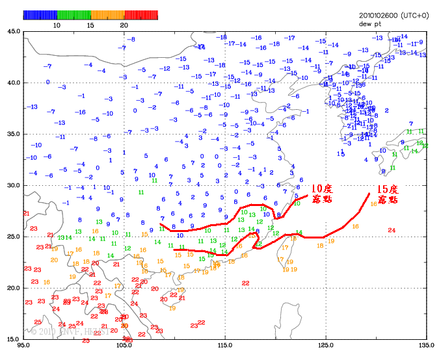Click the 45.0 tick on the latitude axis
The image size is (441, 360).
pyautogui.click(x=13, y=31)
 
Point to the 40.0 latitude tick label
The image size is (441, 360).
pyautogui.click(x=13, y=83)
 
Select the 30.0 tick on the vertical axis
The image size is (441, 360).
pyautogui.click(x=13, y=185)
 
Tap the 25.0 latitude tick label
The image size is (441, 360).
pyautogui.click(x=13, y=237)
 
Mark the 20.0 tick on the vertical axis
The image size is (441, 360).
pyautogui.click(x=13, y=288)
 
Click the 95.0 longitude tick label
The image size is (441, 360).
pyautogui.click(x=24, y=345)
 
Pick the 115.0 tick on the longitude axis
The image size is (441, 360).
pyautogui.click(x=225, y=345)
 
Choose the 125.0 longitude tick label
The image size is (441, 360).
pyautogui.click(x=326, y=345)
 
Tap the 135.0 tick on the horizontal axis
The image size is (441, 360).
pyautogui.click(x=426, y=345)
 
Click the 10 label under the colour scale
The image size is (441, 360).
pyautogui.click(x=57, y=25)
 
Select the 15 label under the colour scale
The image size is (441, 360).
pyautogui.click(x=90, y=25)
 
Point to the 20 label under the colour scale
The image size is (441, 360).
pyautogui.click(x=124, y=25)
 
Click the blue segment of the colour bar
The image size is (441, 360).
pyautogui.click(x=40, y=14)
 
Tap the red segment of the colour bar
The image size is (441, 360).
pyautogui.click(x=141, y=14)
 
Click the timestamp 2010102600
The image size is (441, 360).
pyautogui.click(x=379, y=15)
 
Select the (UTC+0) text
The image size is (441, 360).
pyautogui.click(x=415, y=15)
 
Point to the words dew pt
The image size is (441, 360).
pyautogui.click(x=369, y=23)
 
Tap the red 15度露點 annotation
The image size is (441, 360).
pyautogui.click(x=387, y=194)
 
